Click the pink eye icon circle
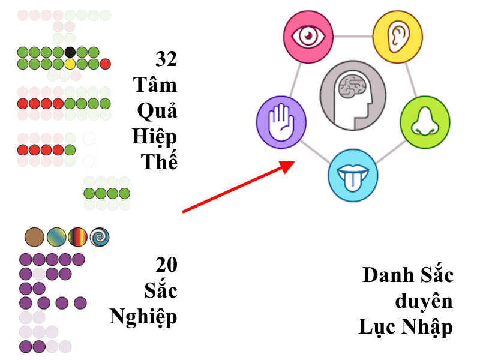point(308,37)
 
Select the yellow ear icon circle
point(398,37)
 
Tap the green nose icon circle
point(425,122)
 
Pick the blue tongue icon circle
point(353,175)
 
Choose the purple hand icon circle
point(281,122)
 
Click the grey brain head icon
point(353,95)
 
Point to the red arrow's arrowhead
point(287,167)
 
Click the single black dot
point(70,52)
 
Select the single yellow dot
point(70,64)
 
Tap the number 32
point(166,59)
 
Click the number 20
point(166,265)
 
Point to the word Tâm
point(155,84)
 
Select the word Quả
point(157,110)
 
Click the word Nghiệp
point(143,317)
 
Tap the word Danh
point(388,275)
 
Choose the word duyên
point(424,301)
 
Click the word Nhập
point(427,327)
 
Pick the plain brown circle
point(34,237)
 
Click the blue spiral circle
point(100,237)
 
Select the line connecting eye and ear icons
point(353,37)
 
